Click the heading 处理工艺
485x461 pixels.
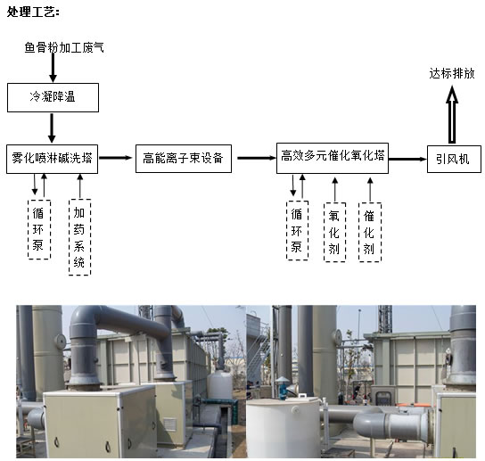point(33,12)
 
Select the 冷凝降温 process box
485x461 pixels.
point(53,97)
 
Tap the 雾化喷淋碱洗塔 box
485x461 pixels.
point(52,159)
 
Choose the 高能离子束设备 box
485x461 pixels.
point(184,159)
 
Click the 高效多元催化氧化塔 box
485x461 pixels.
point(333,158)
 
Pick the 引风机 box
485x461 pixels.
point(454,159)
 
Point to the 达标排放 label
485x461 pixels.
point(452,74)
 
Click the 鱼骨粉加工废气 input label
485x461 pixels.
point(64,47)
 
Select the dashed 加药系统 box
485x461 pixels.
point(79,237)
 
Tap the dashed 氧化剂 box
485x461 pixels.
point(334,232)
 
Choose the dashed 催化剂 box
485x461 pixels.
point(370,232)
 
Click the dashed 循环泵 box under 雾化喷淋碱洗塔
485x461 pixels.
point(39,229)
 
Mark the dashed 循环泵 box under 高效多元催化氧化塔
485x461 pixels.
point(297,230)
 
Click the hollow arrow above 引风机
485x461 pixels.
point(452,114)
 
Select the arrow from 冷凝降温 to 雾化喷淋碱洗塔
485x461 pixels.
point(52,128)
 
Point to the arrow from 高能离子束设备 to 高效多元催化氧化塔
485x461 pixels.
point(257,158)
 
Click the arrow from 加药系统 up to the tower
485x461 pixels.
point(80,186)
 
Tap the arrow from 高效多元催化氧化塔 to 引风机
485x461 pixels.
point(407,159)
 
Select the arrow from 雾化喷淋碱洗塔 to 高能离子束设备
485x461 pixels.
point(115,158)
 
